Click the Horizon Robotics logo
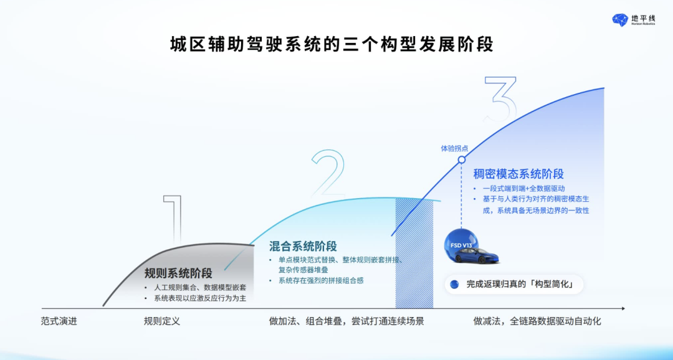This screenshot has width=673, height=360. (633, 20)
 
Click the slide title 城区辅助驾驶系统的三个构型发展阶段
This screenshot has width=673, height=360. (332, 45)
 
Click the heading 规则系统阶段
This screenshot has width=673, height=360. (178, 273)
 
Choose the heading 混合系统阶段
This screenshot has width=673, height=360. (303, 246)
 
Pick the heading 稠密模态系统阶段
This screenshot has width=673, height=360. (518, 174)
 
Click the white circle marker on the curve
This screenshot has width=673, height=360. (462, 159)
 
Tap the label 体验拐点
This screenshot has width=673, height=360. (454, 148)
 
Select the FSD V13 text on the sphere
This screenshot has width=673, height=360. (462, 245)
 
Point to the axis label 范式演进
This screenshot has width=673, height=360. (59, 321)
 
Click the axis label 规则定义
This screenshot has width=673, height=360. (161, 321)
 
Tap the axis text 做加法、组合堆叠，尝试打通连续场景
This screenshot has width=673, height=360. (346, 321)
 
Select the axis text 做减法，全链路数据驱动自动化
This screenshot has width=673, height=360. (537, 321)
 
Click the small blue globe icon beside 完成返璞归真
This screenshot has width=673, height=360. (454, 285)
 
